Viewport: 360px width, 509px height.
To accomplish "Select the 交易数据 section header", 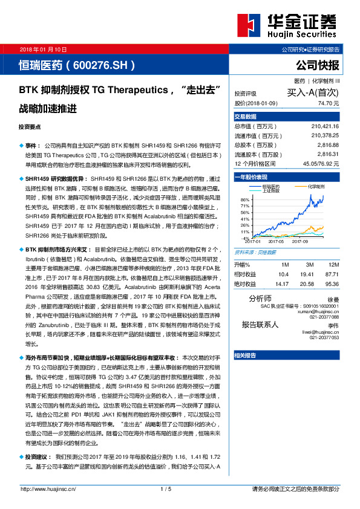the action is point(246,116).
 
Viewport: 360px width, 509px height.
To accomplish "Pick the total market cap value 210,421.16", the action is point(326,126).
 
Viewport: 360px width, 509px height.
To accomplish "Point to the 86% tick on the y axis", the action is point(245,199).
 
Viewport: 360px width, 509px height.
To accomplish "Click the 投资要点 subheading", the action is point(30,128).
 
